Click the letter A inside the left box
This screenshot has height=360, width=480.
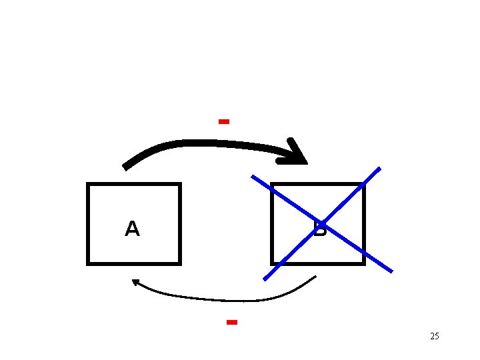click(132, 229)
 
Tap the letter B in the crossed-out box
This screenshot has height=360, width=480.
click(320, 230)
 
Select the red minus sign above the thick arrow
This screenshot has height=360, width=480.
click(224, 121)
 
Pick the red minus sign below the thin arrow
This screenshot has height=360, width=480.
click(232, 322)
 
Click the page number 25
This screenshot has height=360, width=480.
click(435, 336)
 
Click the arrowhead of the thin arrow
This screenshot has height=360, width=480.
click(135, 282)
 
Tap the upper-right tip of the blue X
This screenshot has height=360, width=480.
click(379, 168)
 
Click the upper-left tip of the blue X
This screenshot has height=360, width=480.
click(253, 177)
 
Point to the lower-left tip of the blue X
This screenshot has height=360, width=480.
click(265, 279)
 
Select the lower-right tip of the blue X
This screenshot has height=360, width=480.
click(391, 271)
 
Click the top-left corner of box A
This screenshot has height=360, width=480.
click(88, 184)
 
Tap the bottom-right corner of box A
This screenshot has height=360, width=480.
click(180, 263)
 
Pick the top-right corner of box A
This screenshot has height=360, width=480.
click(180, 184)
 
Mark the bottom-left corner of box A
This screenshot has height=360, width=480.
click(88, 263)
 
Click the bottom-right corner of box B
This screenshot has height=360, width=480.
click(364, 263)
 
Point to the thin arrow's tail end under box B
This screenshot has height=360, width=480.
click(315, 277)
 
